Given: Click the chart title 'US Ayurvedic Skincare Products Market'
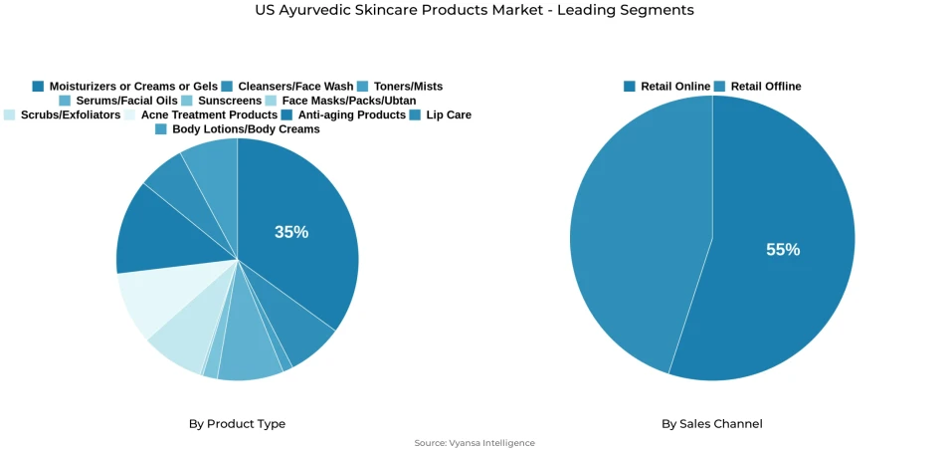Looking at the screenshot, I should (x=475, y=10).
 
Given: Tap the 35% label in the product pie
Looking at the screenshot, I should (x=291, y=232).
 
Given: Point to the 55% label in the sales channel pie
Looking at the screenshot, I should (x=783, y=250).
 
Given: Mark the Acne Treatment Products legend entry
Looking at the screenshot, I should (x=195, y=114).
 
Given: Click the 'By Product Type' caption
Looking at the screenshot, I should (x=237, y=424).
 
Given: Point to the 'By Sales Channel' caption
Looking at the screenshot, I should (x=712, y=424).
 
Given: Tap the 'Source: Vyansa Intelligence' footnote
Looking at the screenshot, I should (x=475, y=443).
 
